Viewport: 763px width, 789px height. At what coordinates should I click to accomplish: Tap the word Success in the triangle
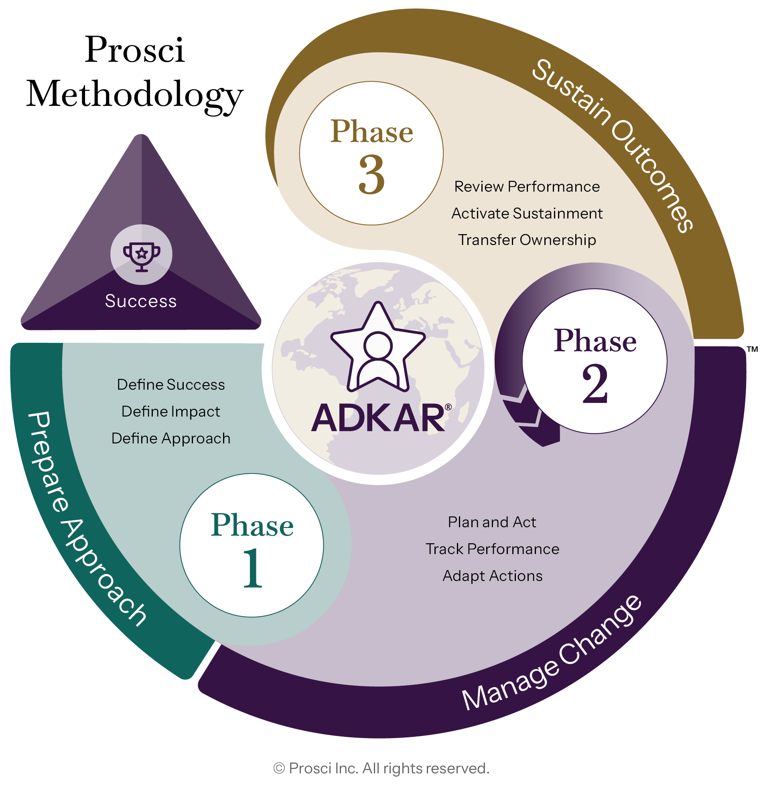140,301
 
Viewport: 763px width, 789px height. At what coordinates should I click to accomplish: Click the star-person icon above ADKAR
378,347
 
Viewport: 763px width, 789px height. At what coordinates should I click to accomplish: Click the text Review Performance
527,187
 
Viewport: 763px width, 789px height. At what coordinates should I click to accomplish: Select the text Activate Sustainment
527,213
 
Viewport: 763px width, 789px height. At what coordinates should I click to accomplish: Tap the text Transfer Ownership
527,240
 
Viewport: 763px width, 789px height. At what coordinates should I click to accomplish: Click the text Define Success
171,385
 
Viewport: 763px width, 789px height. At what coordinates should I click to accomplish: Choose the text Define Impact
171,412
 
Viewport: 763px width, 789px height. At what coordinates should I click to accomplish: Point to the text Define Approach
171,438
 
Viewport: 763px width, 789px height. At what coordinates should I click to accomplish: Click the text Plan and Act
492,522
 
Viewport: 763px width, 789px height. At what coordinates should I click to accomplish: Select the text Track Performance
492,549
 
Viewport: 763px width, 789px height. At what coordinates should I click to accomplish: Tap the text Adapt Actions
492,576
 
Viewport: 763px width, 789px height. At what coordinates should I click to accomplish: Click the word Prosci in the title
135,50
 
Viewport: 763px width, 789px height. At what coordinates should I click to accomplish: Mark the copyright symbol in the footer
279,769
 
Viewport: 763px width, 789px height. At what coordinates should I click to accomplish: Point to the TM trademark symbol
752,349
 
